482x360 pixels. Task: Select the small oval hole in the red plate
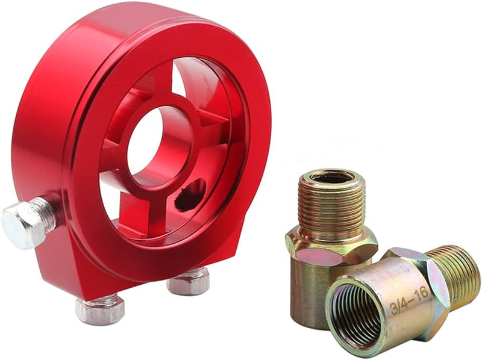tap(190, 195)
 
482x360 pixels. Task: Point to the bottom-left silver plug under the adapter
tap(99, 308)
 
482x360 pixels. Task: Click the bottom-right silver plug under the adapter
tap(188, 281)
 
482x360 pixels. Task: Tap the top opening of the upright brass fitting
tap(331, 177)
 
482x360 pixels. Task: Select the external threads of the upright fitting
tap(332, 205)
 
